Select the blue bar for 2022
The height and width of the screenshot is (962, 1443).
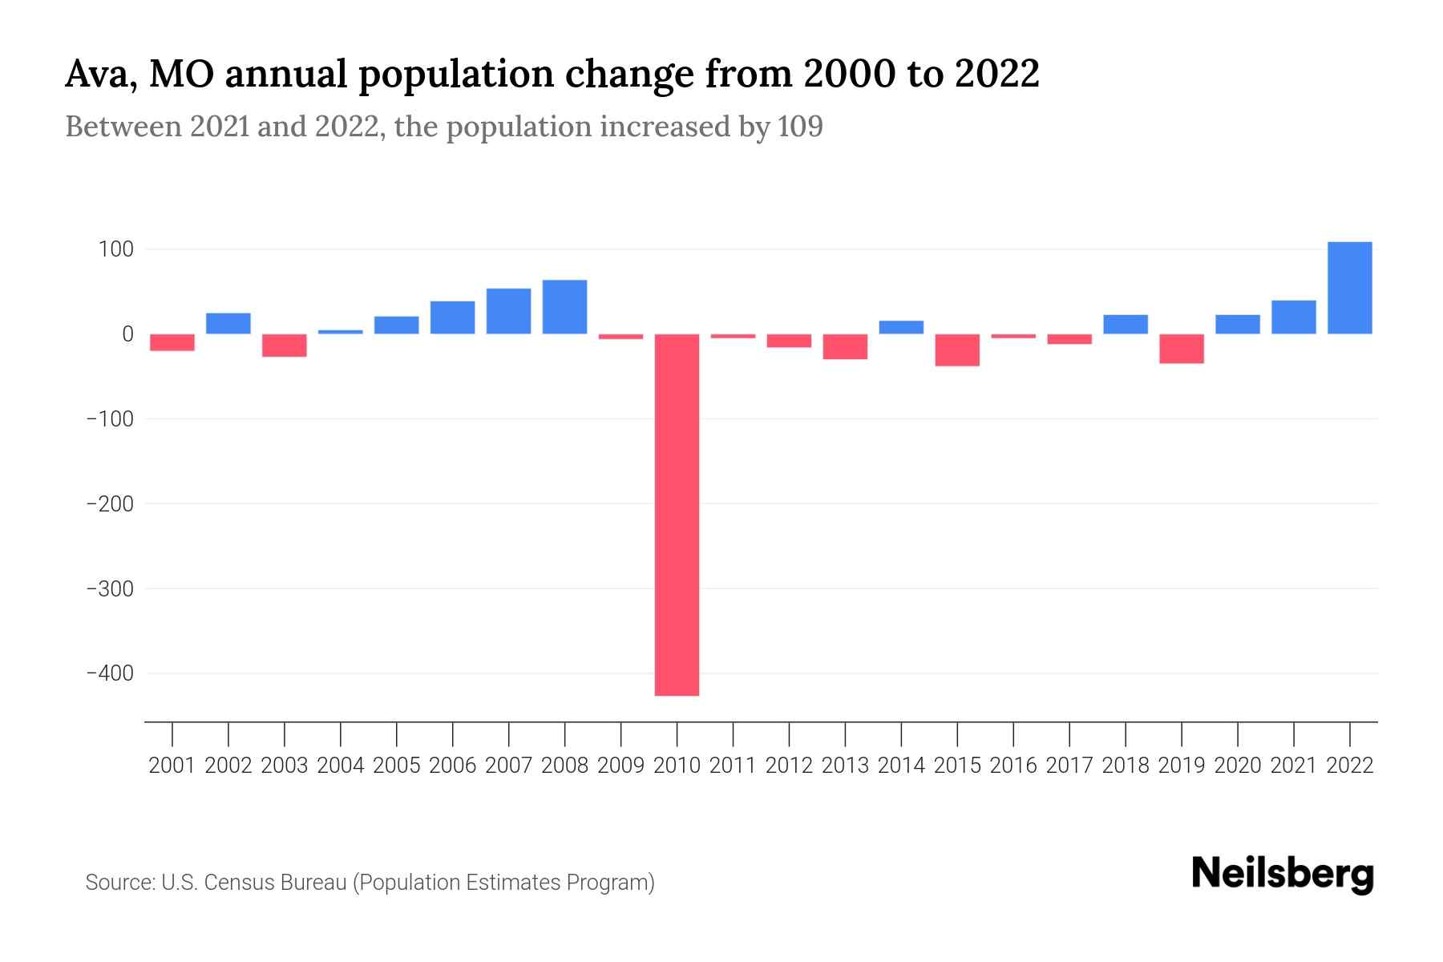tap(1349, 288)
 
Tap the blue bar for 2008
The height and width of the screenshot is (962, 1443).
tap(564, 307)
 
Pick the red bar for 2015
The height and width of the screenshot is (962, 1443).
tap(957, 350)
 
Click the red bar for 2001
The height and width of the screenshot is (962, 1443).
tap(172, 342)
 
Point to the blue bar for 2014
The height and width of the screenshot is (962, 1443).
tap(901, 327)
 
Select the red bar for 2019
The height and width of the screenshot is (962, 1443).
tap(1181, 349)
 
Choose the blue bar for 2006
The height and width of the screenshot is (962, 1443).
tap(452, 317)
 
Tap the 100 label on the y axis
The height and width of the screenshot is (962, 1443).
tap(115, 249)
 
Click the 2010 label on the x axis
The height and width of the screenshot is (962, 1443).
tap(677, 766)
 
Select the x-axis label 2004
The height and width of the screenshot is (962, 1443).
tap(340, 766)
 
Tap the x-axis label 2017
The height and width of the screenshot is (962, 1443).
tap(1069, 766)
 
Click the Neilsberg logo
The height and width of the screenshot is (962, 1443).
tap(1282, 875)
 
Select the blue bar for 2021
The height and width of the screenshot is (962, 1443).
tap(1293, 317)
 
